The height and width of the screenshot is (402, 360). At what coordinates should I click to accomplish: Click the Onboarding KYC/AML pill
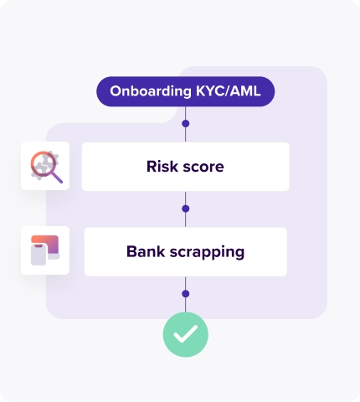click(185, 91)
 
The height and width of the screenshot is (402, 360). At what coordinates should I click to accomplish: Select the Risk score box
click(185, 166)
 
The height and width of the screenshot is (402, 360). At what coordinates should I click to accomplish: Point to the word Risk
click(162, 166)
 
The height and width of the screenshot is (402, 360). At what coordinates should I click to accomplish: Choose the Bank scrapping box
click(185, 251)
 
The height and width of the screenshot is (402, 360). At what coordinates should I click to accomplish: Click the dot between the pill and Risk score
click(185, 124)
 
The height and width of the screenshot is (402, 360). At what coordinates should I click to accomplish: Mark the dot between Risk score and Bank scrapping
click(185, 209)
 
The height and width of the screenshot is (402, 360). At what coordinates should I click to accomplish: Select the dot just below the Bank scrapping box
click(185, 294)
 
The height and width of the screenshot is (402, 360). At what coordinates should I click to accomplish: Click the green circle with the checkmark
click(185, 335)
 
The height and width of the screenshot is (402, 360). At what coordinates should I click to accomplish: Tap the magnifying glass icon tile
click(45, 166)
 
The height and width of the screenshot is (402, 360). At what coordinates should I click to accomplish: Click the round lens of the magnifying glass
click(42, 163)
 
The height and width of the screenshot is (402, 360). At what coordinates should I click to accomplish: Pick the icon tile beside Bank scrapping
click(45, 250)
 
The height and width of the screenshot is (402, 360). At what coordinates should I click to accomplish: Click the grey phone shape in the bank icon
click(39, 255)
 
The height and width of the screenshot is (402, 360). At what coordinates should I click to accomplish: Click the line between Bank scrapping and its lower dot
click(185, 284)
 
